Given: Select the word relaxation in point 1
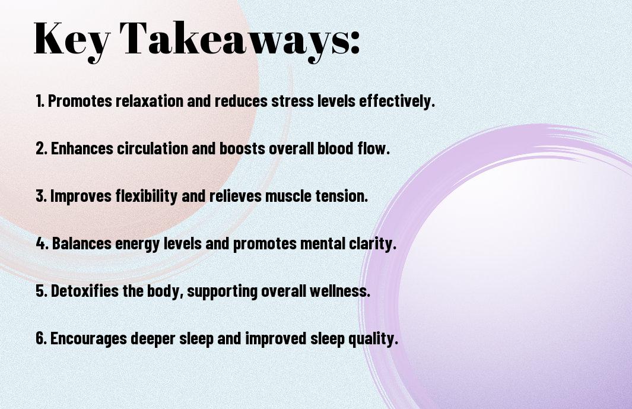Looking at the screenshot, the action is click(150, 101).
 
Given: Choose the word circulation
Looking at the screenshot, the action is click(153, 148).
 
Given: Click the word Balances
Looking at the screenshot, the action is click(82, 243).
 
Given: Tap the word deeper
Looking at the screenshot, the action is click(153, 339).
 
